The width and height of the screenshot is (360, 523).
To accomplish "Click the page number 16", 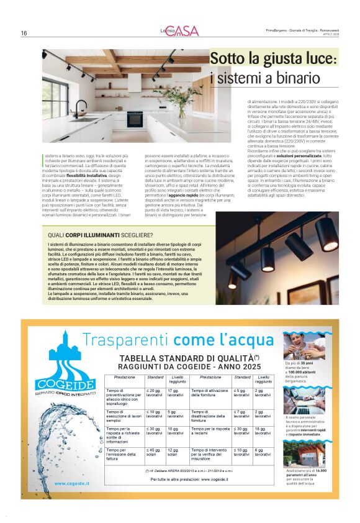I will [x=24, y=34].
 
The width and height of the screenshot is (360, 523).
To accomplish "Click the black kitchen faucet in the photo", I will [x=79, y=108].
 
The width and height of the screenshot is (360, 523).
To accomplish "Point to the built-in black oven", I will [x=135, y=117].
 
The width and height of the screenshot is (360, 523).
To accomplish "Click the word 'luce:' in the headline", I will [x=313, y=60].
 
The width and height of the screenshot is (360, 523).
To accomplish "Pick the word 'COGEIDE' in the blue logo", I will [x=56, y=384].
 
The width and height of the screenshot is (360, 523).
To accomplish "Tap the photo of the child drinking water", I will [x=299, y=345].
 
